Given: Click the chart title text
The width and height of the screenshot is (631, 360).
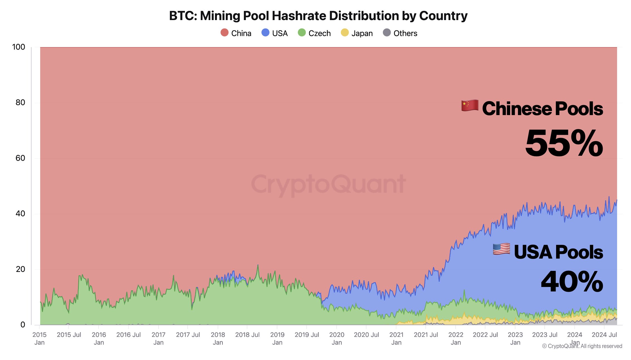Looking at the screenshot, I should click(318, 16).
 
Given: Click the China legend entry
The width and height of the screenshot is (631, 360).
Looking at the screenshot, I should click(236, 33).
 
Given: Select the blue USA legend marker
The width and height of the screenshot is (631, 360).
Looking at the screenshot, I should click(265, 33).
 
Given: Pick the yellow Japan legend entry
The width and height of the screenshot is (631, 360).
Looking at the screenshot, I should click(357, 33).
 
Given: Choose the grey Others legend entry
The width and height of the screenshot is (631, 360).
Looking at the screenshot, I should click(400, 33).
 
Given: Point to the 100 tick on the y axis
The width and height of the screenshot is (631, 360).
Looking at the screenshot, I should click(19, 47).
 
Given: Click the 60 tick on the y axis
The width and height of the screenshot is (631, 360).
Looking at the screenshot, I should click(20, 158).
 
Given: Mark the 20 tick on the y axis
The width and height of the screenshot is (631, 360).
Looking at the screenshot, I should click(20, 269).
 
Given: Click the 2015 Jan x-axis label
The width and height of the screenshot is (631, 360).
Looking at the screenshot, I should click(39, 338).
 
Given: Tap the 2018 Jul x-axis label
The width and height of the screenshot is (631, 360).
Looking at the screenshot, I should click(247, 335).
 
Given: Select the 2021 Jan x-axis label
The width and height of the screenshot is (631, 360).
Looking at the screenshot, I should click(396, 338).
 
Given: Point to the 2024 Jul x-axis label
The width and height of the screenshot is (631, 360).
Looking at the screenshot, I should click(604, 335).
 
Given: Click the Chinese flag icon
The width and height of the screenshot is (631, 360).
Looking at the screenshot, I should click(470, 106).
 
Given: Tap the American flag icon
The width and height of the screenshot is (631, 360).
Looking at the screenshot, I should click(501, 249).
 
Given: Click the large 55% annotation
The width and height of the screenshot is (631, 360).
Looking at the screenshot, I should click(564, 143).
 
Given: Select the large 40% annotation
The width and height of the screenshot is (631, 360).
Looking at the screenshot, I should click(572, 282).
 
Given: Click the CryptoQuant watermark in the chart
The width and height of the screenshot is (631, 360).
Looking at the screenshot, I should click(329, 184).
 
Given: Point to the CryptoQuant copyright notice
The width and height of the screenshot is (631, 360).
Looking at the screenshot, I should click(582, 346).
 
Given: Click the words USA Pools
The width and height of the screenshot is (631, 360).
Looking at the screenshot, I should click(558, 252).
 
